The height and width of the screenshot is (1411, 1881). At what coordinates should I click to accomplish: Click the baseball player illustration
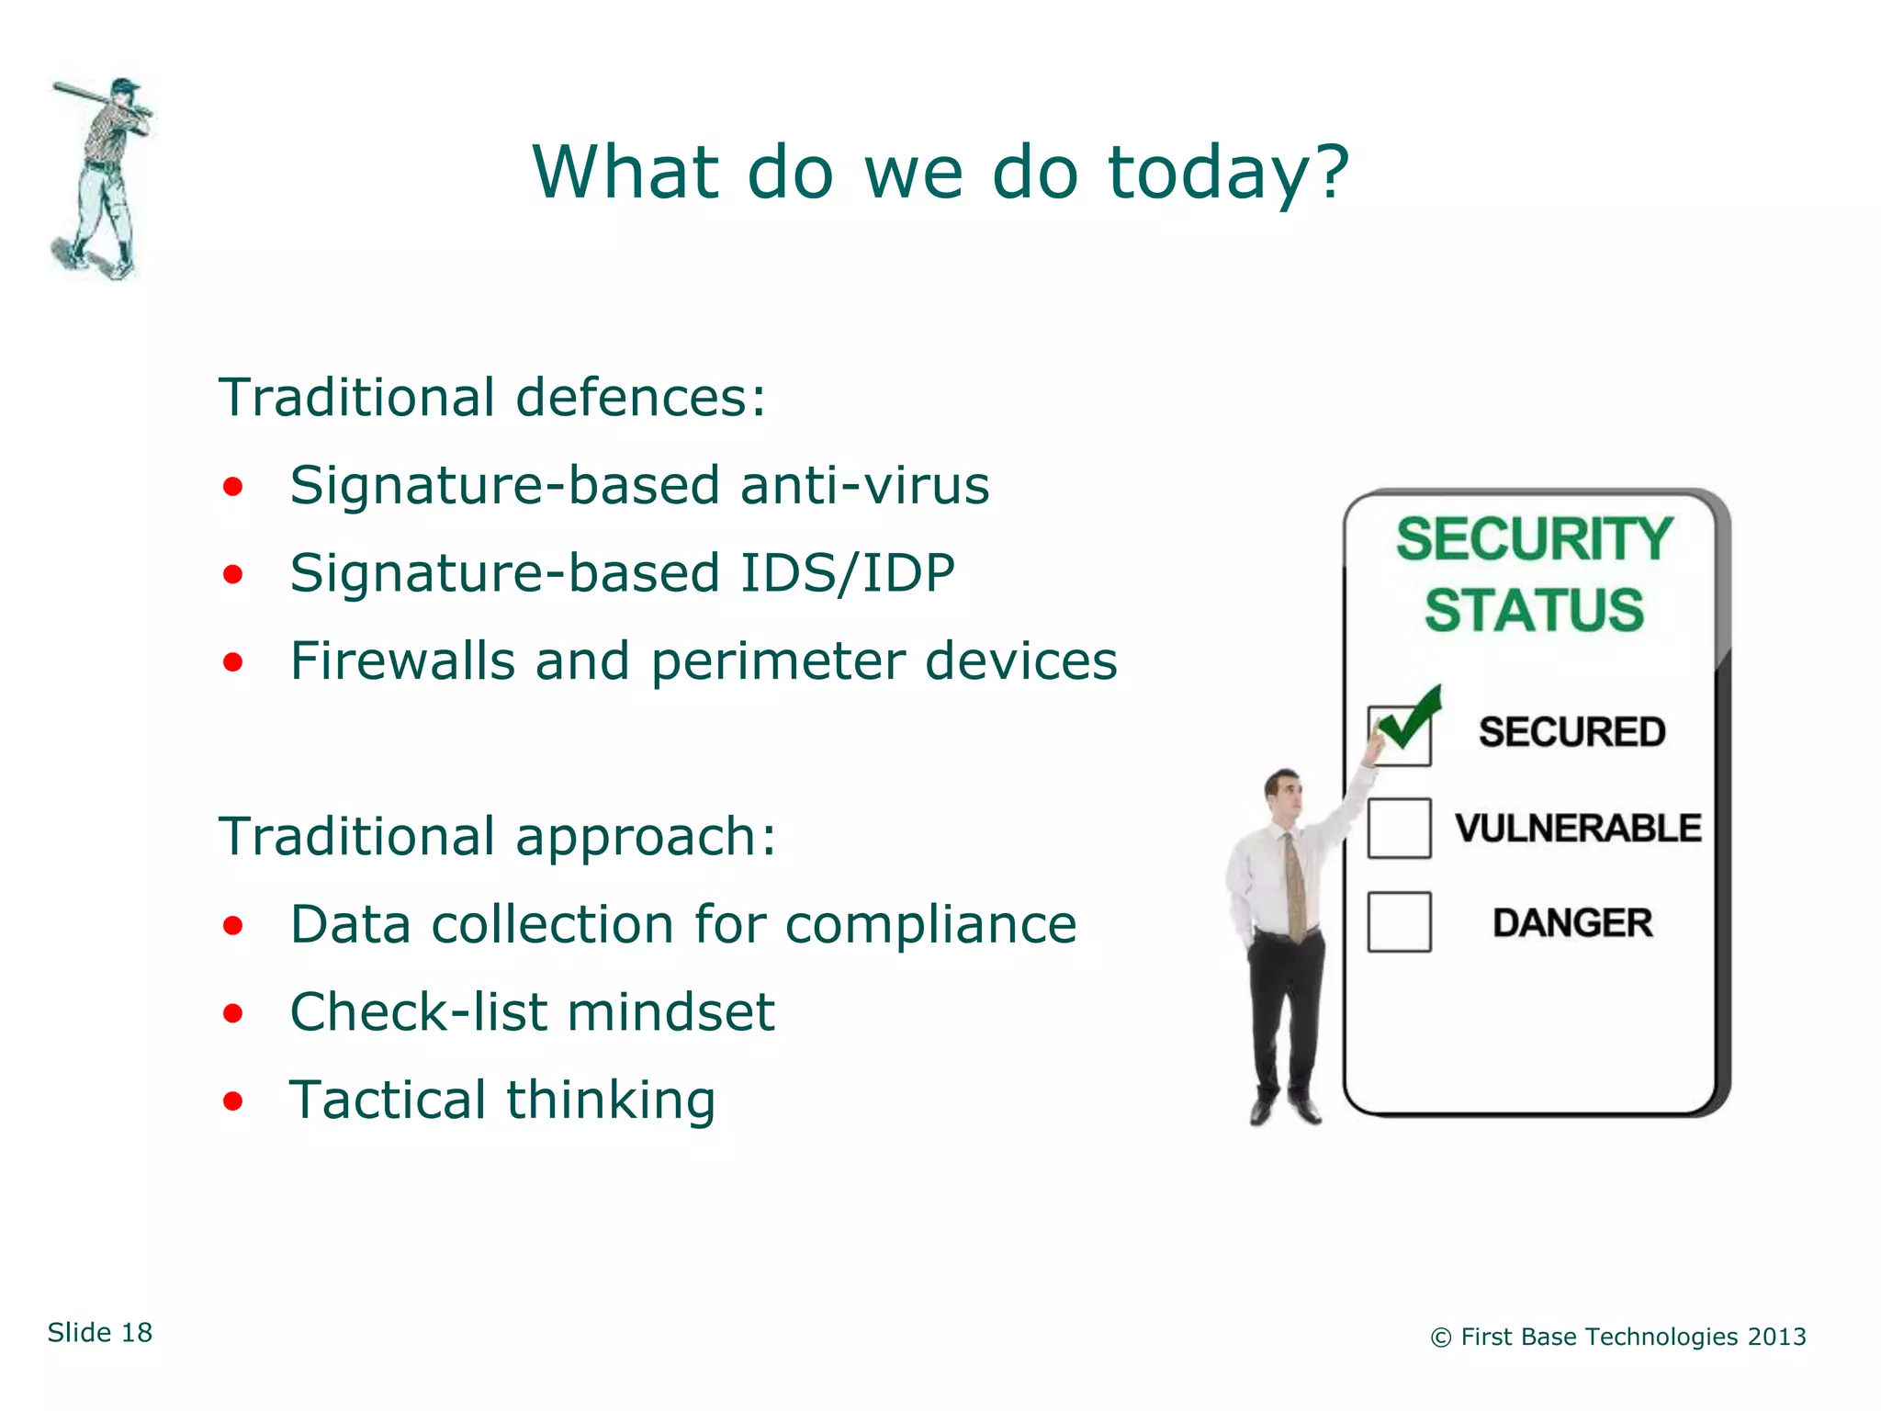(x=101, y=179)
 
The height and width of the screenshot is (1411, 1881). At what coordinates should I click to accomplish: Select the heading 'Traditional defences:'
(x=492, y=398)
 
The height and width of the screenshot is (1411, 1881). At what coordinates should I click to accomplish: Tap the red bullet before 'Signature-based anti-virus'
(x=233, y=486)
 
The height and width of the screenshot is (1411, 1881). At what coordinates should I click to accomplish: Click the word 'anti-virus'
(x=864, y=485)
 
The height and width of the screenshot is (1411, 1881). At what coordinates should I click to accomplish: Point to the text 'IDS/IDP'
(x=847, y=574)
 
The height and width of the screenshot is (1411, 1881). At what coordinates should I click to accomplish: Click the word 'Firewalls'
(x=401, y=661)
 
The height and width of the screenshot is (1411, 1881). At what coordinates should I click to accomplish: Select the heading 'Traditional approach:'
(x=497, y=837)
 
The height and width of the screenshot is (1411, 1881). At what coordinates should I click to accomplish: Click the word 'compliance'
(x=930, y=924)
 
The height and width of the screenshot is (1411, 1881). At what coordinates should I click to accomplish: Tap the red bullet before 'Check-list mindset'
(x=233, y=1013)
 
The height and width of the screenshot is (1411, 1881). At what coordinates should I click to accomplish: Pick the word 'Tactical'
(x=387, y=1100)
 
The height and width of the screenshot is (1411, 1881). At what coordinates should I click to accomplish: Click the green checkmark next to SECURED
(x=1410, y=721)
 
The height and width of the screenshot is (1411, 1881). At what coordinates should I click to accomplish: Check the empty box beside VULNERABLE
(x=1399, y=829)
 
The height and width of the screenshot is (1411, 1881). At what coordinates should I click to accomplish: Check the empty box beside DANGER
(x=1399, y=922)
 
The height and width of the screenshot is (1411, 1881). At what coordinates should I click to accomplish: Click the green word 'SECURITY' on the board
(x=1533, y=539)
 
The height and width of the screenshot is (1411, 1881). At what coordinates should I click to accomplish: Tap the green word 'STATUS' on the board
(x=1533, y=611)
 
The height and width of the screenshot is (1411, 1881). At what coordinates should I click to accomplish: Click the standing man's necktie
(x=1295, y=886)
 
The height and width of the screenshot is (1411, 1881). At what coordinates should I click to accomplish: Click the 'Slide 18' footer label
(x=100, y=1333)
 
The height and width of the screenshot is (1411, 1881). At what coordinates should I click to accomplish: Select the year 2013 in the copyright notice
(x=1776, y=1337)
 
